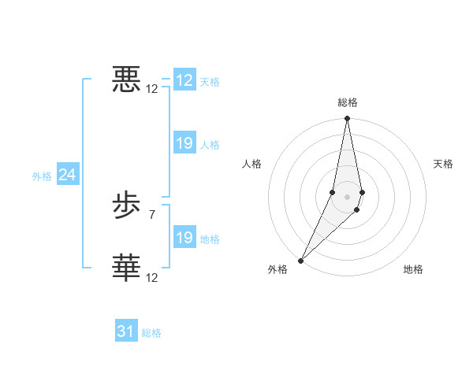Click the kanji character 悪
coord(126,80)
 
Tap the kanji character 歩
coord(126,207)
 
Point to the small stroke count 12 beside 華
coord(152,277)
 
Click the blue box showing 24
coord(68,175)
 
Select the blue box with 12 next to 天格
coord(184,80)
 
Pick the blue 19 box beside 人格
coord(184,143)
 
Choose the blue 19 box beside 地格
coord(184,238)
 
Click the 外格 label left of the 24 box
coord(42,176)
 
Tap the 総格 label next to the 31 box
coord(151,333)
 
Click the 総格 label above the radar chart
coord(348,102)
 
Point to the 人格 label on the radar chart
coord(252,164)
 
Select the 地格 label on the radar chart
coord(413,270)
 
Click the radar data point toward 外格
coord(301,260)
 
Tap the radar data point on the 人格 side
coord(333,192)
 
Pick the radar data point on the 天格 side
coord(362,192)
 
